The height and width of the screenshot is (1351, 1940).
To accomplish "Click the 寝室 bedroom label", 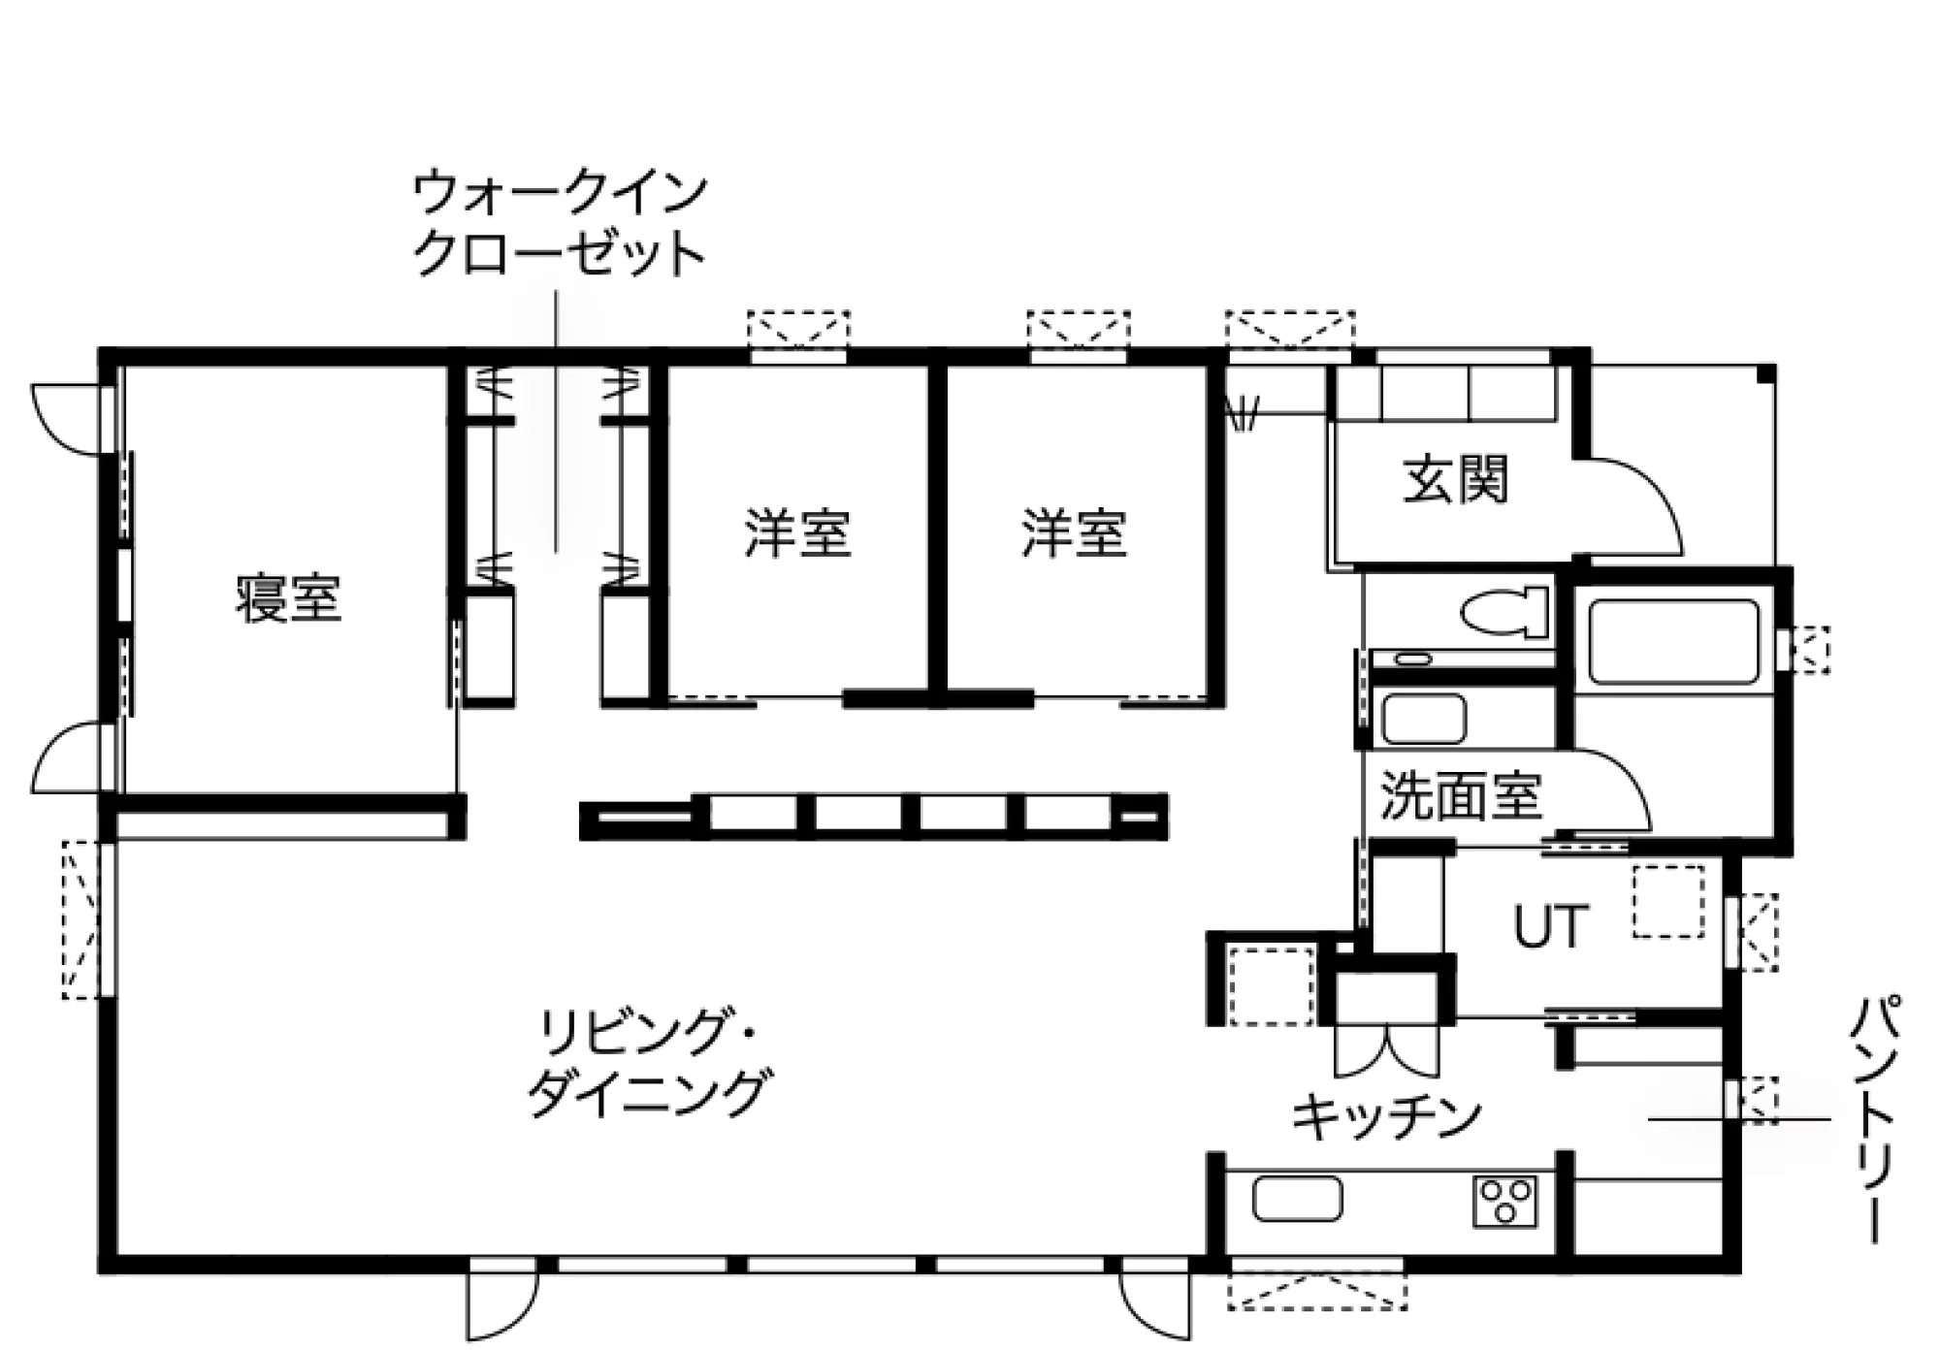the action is (288, 598).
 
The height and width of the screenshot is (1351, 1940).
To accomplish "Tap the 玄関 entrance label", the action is (1455, 479).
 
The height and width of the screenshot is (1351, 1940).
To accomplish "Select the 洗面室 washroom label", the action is (1461, 795).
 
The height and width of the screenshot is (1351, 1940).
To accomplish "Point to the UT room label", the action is (1551, 925).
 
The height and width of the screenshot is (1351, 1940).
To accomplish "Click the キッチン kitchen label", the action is (1386, 1116).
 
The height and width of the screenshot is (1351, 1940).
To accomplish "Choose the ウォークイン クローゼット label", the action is (560, 224).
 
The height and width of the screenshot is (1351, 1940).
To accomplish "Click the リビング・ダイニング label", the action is (648, 1063).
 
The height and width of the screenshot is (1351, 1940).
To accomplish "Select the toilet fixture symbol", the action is (1504, 613).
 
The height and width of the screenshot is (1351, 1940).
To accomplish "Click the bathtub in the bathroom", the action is (1674, 642).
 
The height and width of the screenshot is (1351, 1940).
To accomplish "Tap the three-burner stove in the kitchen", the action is (1504, 1202).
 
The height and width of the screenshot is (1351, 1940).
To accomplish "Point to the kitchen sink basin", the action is (1297, 1199).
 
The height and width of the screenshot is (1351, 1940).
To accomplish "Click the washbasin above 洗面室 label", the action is (1423, 719).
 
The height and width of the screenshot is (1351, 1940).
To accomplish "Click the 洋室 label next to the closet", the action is (797, 532).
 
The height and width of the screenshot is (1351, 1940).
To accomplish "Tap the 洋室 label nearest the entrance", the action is (1074, 532).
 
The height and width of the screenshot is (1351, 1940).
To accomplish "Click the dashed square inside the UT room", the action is (1668, 902).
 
